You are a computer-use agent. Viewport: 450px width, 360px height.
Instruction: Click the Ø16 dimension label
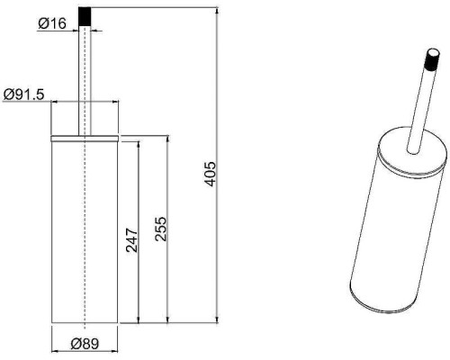(52, 23)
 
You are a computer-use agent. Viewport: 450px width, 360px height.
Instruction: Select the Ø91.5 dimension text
(23, 94)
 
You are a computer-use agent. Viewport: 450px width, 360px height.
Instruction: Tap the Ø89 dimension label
(85, 344)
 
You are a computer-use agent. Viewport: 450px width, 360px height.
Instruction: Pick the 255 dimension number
(160, 229)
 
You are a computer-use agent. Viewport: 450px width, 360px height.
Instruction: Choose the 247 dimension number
(132, 240)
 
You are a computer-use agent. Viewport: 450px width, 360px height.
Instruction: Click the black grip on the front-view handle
(85, 17)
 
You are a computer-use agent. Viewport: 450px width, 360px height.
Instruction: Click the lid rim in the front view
(85, 138)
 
